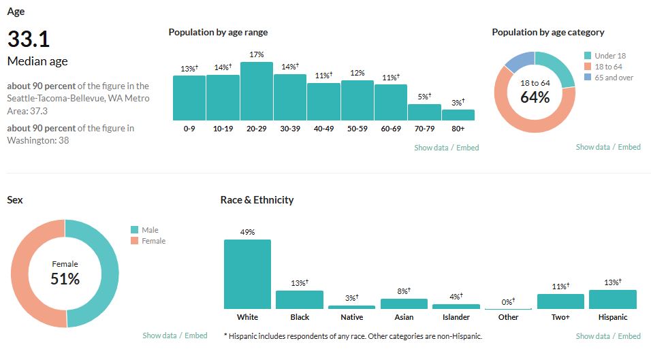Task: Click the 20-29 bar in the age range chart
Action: (257, 91)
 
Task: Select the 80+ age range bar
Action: (458, 115)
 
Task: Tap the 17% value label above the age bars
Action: (257, 54)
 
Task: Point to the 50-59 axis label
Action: (358, 129)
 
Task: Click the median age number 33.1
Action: (29, 39)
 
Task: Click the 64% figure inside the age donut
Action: (535, 97)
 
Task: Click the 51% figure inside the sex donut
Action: (65, 278)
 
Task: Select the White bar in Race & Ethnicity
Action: (247, 274)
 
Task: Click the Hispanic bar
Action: (613, 299)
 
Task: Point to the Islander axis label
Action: (456, 317)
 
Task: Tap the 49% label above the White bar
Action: (247, 232)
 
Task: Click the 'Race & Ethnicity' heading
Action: (257, 200)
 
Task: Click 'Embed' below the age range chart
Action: (468, 148)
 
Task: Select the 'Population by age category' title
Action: (548, 32)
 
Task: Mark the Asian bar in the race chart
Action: (404, 304)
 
